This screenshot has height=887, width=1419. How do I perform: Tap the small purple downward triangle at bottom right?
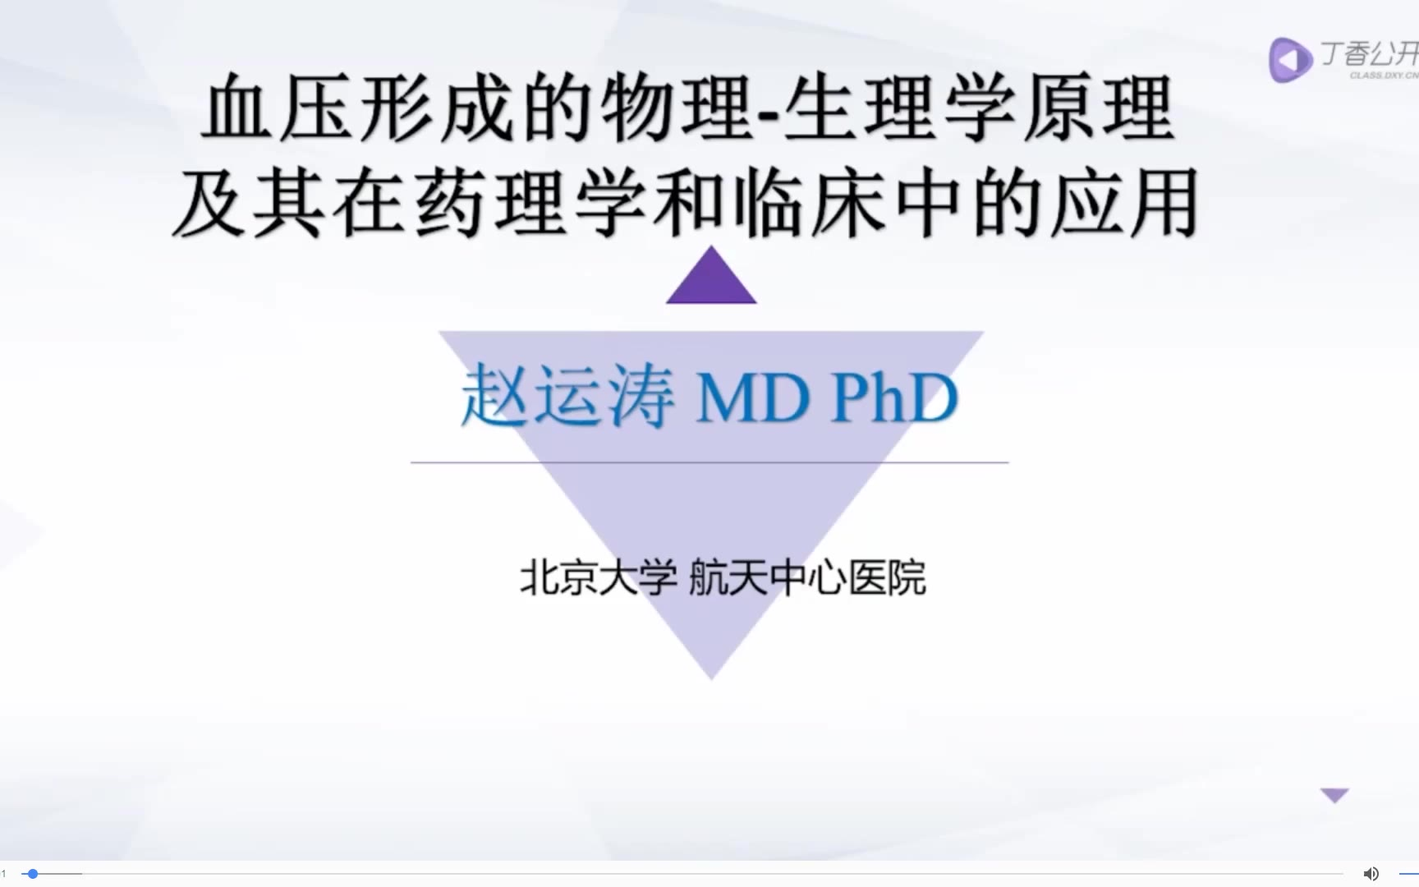pos(1334,795)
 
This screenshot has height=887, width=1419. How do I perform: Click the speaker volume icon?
pos(1371,874)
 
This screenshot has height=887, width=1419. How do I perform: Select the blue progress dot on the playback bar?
pos(32,874)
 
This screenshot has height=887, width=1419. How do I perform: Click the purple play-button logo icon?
pos(1289,60)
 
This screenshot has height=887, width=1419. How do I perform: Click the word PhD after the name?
pos(895,398)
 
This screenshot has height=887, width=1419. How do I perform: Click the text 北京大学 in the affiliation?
pos(599,577)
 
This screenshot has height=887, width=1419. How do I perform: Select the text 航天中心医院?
pos(807,577)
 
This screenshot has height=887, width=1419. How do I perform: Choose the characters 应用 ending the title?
pos(1125,205)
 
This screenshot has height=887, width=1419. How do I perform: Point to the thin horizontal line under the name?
pos(709,462)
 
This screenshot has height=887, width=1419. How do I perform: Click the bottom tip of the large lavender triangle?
pos(711,679)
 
